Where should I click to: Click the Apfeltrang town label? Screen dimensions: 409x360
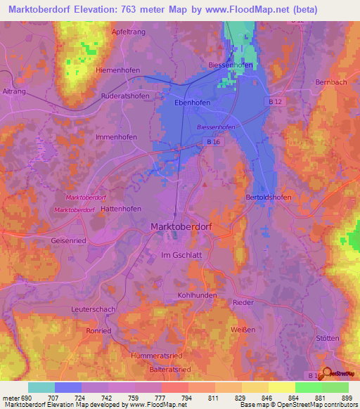point(129,32)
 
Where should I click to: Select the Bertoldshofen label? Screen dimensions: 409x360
point(268,198)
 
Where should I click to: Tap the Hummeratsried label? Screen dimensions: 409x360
point(156,356)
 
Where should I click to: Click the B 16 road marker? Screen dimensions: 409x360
point(214,141)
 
